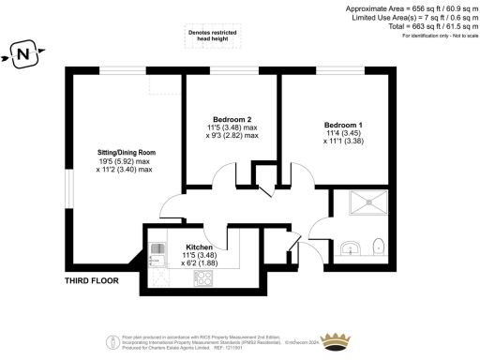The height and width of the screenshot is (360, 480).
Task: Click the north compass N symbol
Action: pyautogui.click(x=25, y=54)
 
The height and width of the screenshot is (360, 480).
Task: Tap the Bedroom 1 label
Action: pyautogui.click(x=343, y=126)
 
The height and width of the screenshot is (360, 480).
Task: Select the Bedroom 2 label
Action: pyautogui.click(x=232, y=118)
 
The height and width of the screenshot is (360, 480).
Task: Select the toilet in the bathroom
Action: pyautogui.click(x=377, y=247)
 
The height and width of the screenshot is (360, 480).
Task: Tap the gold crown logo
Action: pyautogui.click(x=335, y=338)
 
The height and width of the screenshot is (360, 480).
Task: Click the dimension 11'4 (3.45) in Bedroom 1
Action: pyautogui.click(x=343, y=134)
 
